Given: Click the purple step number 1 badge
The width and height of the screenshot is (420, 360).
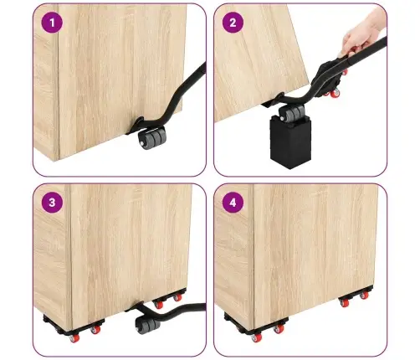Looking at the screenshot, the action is [52, 23].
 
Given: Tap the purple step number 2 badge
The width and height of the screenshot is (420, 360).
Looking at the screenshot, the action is [233, 23].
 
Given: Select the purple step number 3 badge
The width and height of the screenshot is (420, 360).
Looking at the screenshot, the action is [52, 203].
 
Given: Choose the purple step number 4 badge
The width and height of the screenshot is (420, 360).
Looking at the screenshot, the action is [233, 203].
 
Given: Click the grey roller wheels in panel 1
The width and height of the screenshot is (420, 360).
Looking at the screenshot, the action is [152, 137].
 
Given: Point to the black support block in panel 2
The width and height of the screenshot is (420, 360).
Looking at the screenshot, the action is [290, 142].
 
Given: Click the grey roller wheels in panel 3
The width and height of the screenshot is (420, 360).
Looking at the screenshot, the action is [148, 323].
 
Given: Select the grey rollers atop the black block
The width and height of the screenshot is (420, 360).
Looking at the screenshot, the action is [292, 112].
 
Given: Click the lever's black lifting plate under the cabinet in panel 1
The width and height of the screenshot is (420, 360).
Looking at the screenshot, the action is [135, 126].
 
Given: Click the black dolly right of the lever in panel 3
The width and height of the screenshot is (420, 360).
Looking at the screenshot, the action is [169, 298].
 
